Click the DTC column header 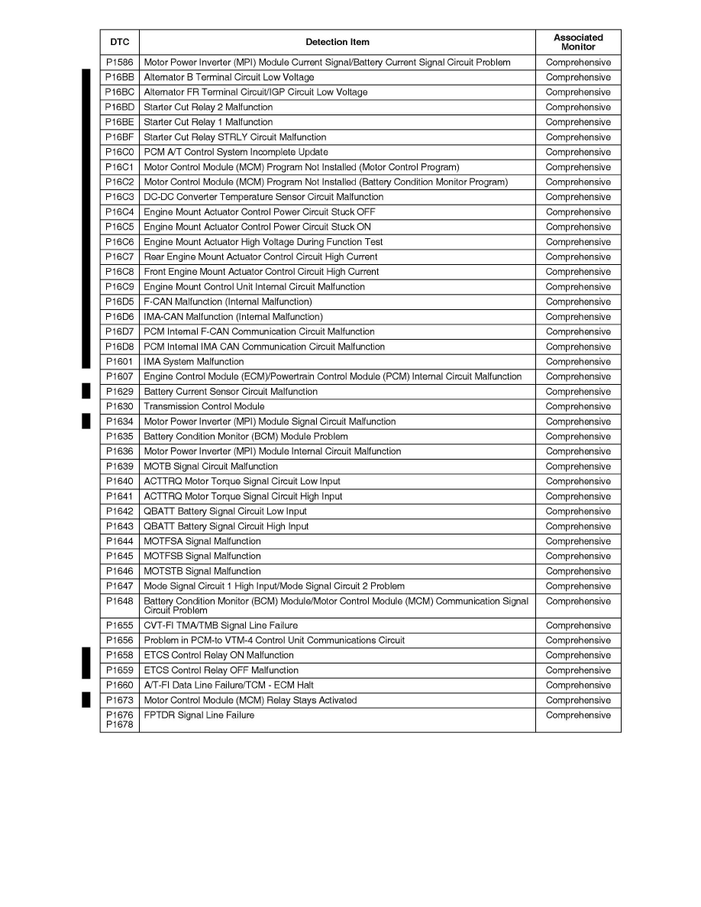119,42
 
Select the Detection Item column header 337,42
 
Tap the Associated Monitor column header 578,42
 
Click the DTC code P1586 119,63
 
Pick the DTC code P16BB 119,77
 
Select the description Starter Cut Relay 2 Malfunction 208,108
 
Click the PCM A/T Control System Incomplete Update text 236,152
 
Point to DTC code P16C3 119,197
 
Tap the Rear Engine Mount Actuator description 260,257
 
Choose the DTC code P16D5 119,302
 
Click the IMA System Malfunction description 194,362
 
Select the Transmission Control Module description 204,407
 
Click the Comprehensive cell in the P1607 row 578,376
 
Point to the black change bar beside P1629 86,392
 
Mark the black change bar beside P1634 86,421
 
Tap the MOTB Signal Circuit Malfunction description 211,466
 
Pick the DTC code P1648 119,602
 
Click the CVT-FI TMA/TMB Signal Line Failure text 221,625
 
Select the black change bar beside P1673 86,701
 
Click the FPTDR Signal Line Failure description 199,715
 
